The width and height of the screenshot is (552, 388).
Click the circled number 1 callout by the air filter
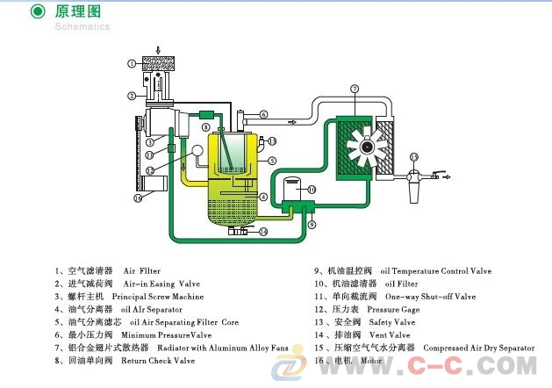[131, 63]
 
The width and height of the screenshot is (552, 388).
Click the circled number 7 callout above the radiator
[355, 89]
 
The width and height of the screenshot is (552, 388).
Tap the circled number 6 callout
[263, 114]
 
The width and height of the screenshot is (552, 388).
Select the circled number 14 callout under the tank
[262, 232]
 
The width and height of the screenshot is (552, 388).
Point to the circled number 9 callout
[311, 225]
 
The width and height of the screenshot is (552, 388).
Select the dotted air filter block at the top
[159, 64]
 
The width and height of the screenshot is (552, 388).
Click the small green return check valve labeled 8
[207, 114]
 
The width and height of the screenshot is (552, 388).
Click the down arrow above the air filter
[158, 47]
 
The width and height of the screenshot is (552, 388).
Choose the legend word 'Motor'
[371, 360]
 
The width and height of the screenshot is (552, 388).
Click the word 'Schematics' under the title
[82, 26]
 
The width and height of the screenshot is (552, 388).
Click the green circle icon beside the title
[38, 11]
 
